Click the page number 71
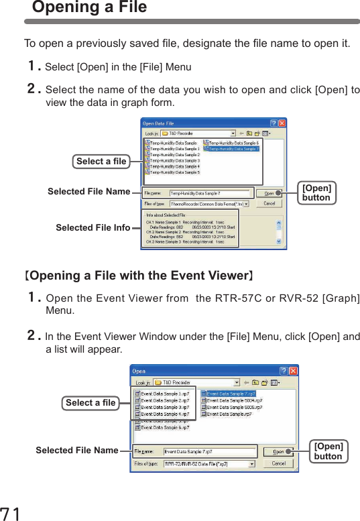click(11, 513)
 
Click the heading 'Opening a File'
click(89, 8)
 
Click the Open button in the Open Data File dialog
click(269, 193)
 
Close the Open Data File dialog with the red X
click(282, 123)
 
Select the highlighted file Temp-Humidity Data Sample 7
click(233, 149)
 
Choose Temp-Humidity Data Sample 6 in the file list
click(233, 143)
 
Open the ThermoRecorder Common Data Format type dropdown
click(246, 203)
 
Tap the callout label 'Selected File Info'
click(93, 228)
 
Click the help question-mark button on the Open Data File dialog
click(273, 123)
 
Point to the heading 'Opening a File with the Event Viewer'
click(138, 276)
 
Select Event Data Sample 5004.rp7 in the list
click(233, 400)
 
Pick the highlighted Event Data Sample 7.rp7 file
click(231, 394)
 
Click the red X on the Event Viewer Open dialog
click(293, 371)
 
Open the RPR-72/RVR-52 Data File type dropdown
click(251, 463)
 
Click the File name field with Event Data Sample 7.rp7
click(210, 452)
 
